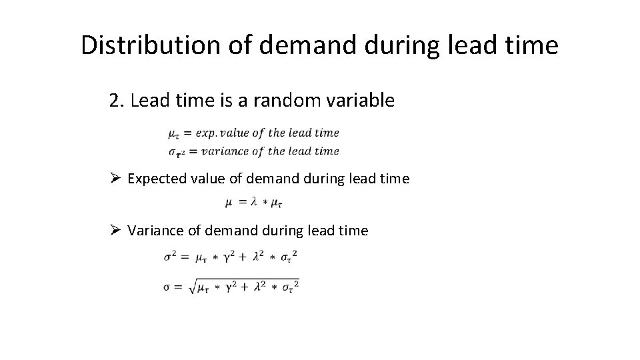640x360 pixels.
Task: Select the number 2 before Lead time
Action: click(x=114, y=101)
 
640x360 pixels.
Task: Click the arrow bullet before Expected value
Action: click(x=114, y=179)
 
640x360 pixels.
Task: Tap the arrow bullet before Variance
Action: click(x=114, y=231)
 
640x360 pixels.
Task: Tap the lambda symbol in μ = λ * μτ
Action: click(x=253, y=201)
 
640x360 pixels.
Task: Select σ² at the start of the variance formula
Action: click(x=169, y=256)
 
